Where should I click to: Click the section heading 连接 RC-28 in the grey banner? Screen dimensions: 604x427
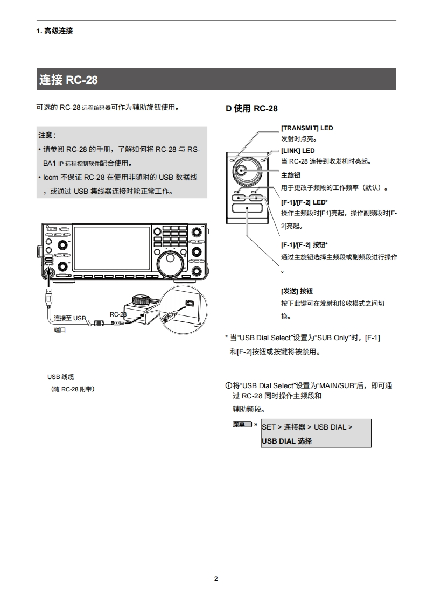coord(68,80)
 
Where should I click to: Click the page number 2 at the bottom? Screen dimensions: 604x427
coord(216,579)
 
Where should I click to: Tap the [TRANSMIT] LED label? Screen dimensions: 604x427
coord(307,128)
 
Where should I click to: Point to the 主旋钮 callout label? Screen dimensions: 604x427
coord(291,175)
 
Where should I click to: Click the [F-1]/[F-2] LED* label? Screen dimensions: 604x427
coord(304,202)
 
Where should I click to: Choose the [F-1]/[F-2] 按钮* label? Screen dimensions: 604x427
coord(304,244)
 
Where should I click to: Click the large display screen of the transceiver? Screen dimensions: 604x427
coord(111,248)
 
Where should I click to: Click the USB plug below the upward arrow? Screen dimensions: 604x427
coord(48,297)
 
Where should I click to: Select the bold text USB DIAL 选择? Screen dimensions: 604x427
coord(286,441)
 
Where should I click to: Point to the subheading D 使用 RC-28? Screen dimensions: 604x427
coord(251,109)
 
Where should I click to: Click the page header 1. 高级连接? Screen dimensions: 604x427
coord(54,31)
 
